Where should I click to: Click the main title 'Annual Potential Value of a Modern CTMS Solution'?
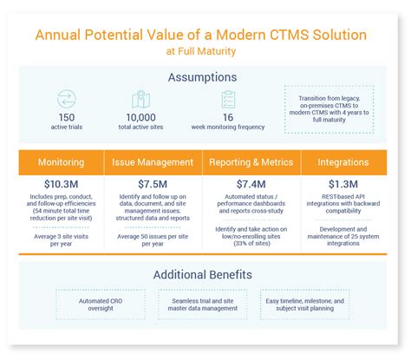(x=205, y=35)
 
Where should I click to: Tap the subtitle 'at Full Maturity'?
(x=205, y=52)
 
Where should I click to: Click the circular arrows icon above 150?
(x=67, y=99)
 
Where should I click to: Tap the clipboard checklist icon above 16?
(x=228, y=99)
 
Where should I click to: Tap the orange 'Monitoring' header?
(x=62, y=162)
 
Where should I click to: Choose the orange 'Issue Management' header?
(x=153, y=162)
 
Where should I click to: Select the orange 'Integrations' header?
(x=342, y=162)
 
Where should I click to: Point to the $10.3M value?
(x=62, y=184)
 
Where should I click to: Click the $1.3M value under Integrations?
(x=342, y=184)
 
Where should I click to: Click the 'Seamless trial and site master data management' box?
(x=205, y=304)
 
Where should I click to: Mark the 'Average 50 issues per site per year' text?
(x=153, y=240)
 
